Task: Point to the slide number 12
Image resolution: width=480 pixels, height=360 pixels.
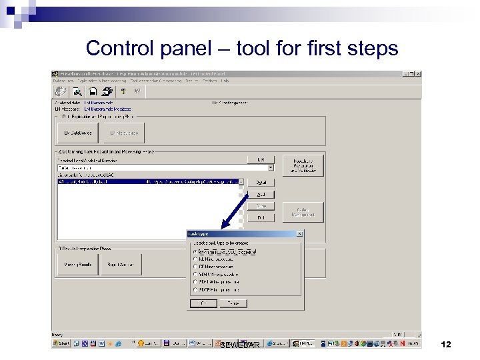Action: pos(446,345)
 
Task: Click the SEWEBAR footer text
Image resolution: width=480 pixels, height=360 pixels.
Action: pos(239,345)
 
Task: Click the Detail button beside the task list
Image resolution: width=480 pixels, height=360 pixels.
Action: pos(261,182)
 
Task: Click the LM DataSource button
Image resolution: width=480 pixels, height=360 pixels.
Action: pos(77,133)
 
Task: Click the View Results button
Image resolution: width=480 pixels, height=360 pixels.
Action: pos(77,264)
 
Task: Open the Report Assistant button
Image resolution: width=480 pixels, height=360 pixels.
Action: pos(121,264)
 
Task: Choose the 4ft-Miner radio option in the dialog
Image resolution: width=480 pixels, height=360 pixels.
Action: pos(195,252)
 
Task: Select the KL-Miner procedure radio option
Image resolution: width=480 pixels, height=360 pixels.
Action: pos(195,259)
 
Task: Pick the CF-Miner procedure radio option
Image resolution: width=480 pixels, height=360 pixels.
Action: pos(195,267)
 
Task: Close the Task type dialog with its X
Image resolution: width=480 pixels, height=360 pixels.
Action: pos(299,234)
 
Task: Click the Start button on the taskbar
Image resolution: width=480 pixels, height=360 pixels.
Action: pos(62,343)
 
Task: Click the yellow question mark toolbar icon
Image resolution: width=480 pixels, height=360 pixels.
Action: pos(123,91)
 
